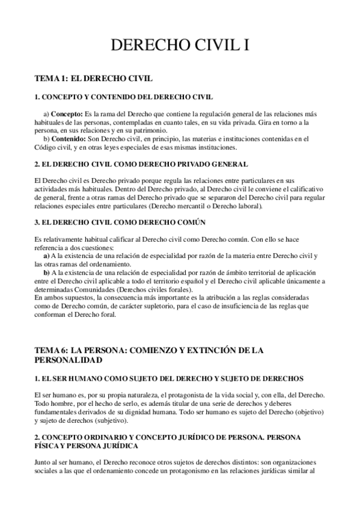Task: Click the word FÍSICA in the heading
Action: tap(50, 446)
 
